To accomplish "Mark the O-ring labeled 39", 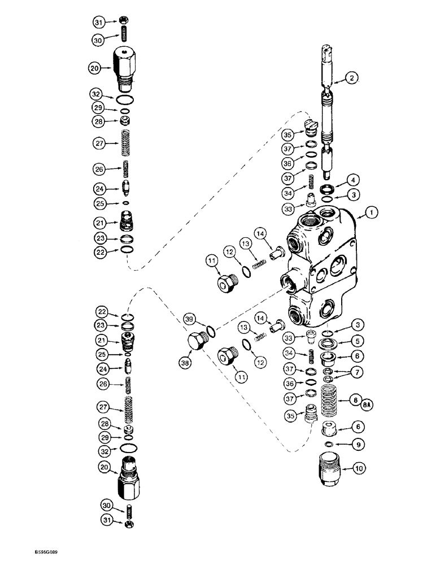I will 210,331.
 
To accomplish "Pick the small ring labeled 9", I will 327,445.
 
